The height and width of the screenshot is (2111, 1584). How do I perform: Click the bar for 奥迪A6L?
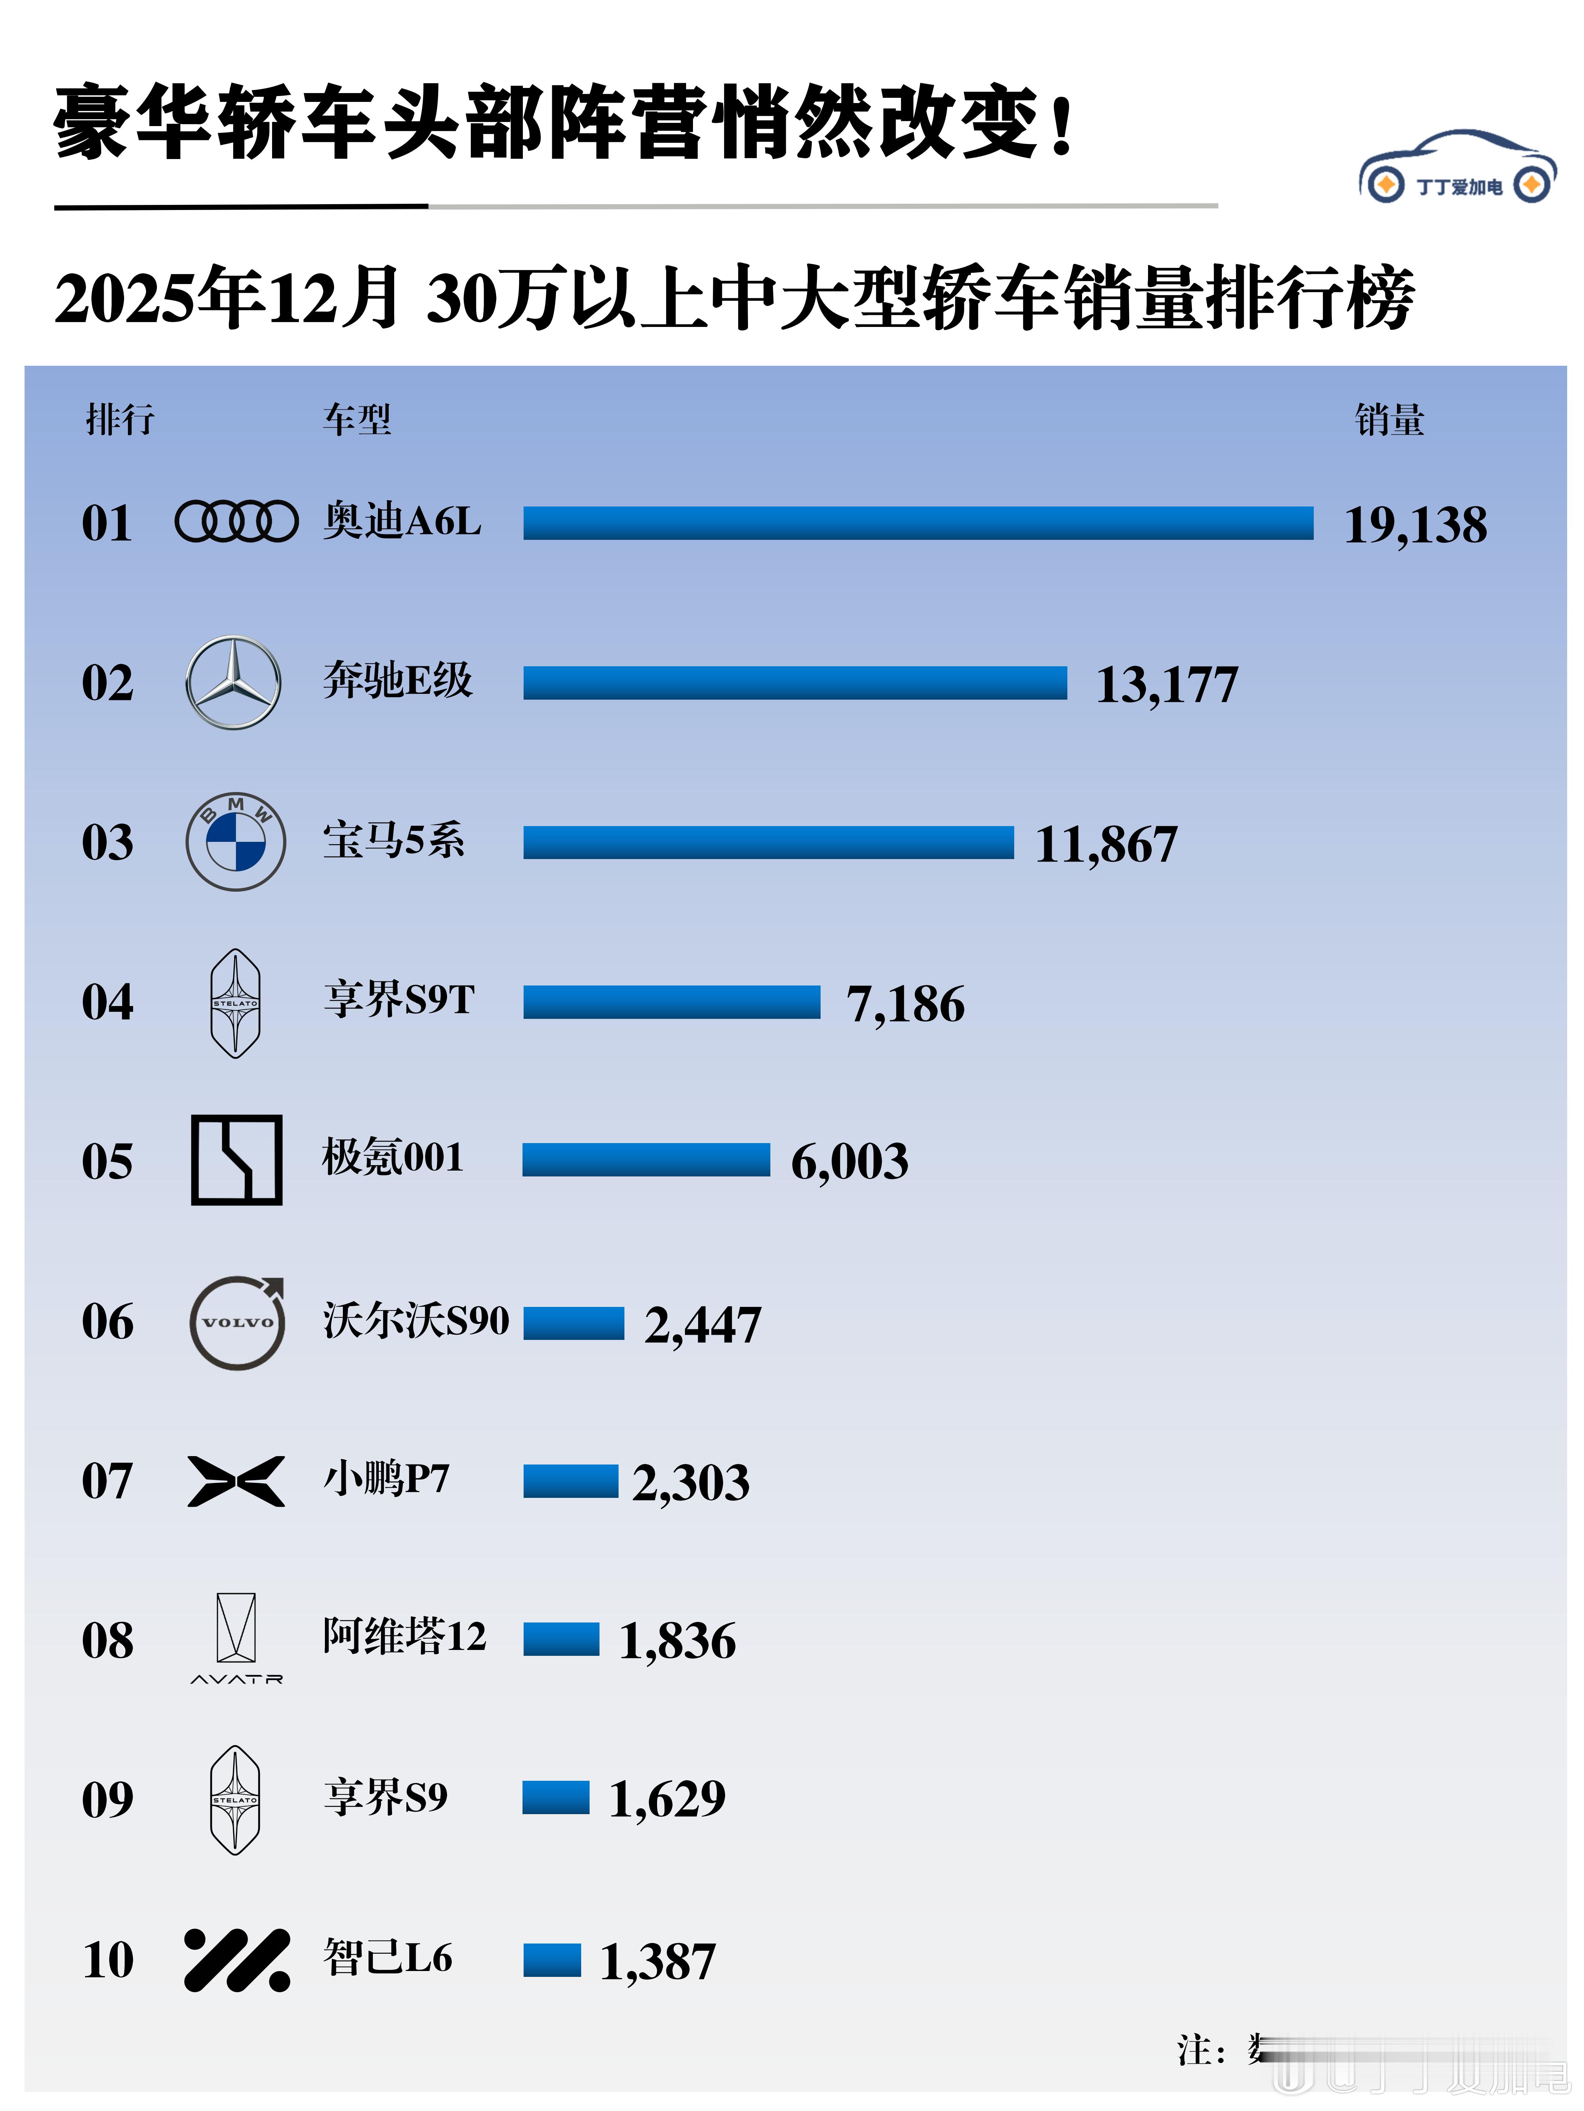917,523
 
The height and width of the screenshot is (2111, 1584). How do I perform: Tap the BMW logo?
235,842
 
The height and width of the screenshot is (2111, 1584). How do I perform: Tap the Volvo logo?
237,1323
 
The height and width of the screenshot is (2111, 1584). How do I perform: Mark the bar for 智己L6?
552,1960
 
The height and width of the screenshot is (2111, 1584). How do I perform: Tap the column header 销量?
1389,420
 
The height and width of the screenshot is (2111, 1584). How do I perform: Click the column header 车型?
356,420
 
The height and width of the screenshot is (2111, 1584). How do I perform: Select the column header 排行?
119,420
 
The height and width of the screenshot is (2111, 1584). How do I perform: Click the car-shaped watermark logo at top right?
1457,168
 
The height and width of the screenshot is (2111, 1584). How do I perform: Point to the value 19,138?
1415,525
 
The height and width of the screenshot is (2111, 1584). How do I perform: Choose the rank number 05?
107,1161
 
